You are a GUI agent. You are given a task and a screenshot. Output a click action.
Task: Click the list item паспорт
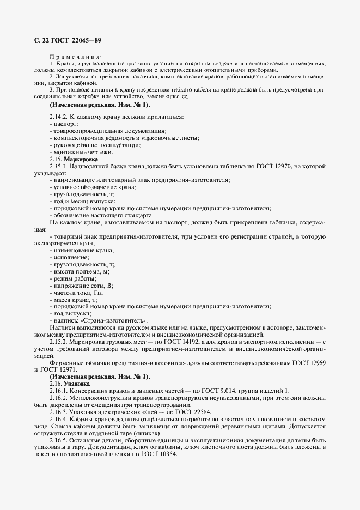63,124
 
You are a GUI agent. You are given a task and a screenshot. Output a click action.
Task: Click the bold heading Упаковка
79,384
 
